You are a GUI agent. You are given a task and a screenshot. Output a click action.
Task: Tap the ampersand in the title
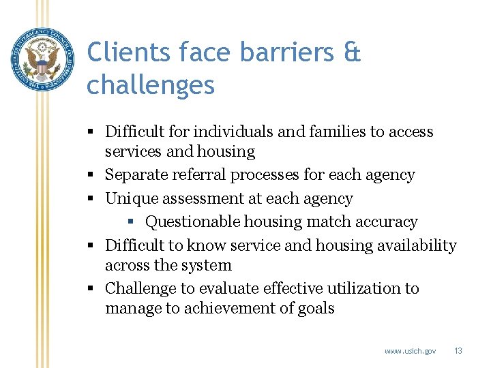352,52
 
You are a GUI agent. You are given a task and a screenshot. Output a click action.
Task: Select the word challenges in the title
151,85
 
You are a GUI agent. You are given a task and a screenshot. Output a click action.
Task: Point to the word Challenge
140,288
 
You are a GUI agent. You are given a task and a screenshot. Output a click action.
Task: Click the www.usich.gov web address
410,351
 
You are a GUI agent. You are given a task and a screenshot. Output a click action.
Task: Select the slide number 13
458,351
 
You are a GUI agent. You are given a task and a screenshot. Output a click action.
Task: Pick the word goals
316,308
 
